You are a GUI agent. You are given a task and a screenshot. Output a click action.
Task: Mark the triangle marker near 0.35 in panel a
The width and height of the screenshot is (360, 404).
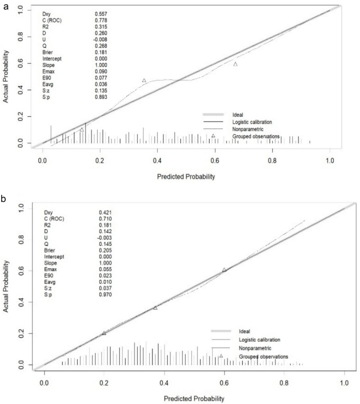pos(144,80)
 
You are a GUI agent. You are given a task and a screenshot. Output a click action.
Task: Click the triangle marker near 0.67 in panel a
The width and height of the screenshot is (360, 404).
pos(235,64)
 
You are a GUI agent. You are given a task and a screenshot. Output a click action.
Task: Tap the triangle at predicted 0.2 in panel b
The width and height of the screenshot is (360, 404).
pos(104,333)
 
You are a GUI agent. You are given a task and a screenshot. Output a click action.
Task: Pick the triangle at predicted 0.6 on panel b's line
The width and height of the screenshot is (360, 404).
pos(224,269)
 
